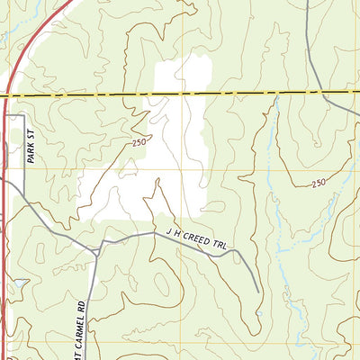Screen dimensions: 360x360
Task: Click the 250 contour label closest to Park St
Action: [x=138, y=142]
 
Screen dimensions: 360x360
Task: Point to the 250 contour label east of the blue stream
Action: [x=319, y=183]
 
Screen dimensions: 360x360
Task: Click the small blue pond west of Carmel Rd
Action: [x=18, y=283]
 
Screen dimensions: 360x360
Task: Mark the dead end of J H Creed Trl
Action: [x=258, y=292]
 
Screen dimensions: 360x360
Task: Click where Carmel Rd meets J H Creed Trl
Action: [x=97, y=254]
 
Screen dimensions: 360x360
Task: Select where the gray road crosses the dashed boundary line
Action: [x=308, y=92]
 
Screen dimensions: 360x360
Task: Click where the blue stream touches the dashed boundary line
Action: [x=276, y=93]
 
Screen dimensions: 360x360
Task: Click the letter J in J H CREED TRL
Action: [x=167, y=233]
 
